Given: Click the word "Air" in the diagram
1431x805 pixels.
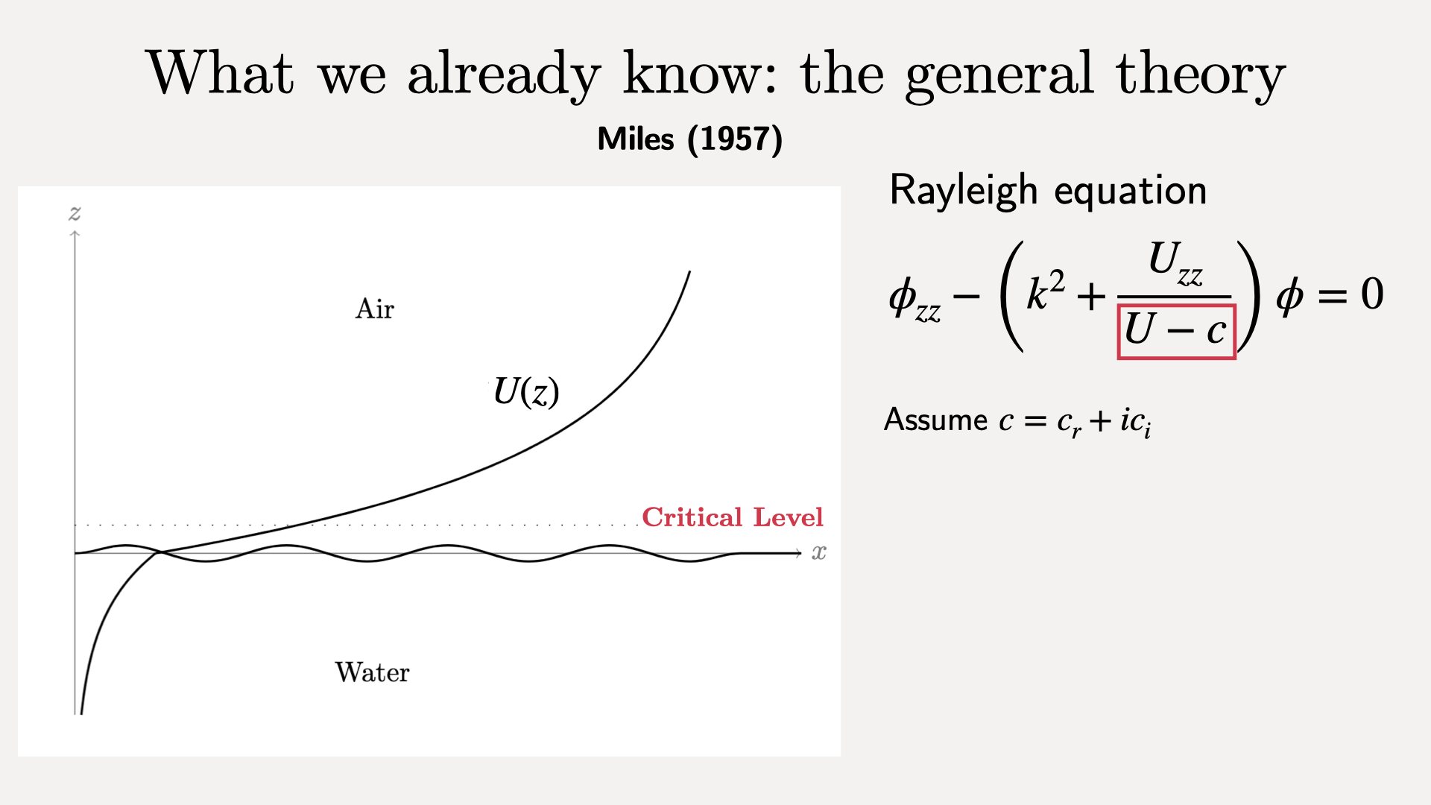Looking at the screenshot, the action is point(374,309).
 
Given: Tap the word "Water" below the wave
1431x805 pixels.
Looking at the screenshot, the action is point(372,672).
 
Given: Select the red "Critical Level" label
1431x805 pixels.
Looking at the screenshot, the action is point(733,517).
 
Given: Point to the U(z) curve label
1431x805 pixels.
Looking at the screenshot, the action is point(526,391).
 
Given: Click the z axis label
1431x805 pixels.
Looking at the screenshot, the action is point(75,214).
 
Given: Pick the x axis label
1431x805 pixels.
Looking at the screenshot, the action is point(819,553).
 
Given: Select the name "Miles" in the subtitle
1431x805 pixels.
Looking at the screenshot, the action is point(636,139).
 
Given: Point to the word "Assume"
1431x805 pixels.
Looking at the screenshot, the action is point(935,420).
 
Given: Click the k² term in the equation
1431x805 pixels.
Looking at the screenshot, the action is point(1046,291).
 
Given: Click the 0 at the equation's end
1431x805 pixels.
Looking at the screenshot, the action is point(1372,294).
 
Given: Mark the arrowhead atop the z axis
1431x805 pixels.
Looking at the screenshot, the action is point(75,235).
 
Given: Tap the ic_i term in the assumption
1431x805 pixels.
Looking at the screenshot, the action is point(1135,422).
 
